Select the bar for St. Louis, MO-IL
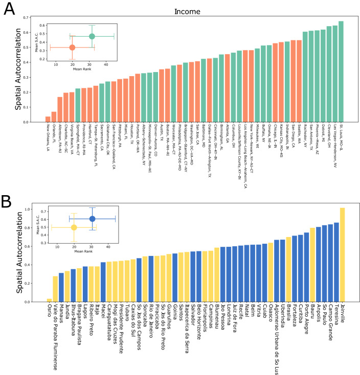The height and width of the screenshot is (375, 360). [341, 72]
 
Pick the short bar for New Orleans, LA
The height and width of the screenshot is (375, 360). [48, 120]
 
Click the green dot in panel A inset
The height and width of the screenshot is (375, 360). [92, 36]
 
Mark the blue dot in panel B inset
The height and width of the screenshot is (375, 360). [92, 219]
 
